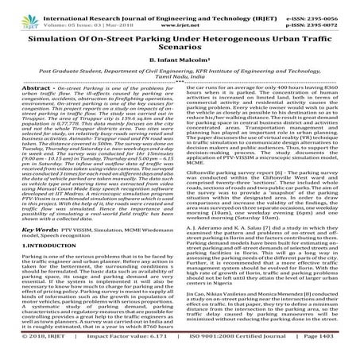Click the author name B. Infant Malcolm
(x=179, y=65)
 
